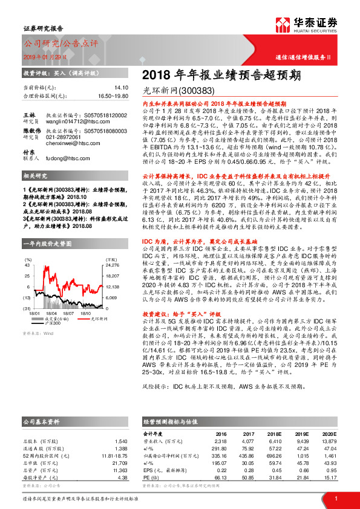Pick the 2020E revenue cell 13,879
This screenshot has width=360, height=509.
[332, 441]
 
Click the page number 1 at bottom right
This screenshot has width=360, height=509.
[335, 498]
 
